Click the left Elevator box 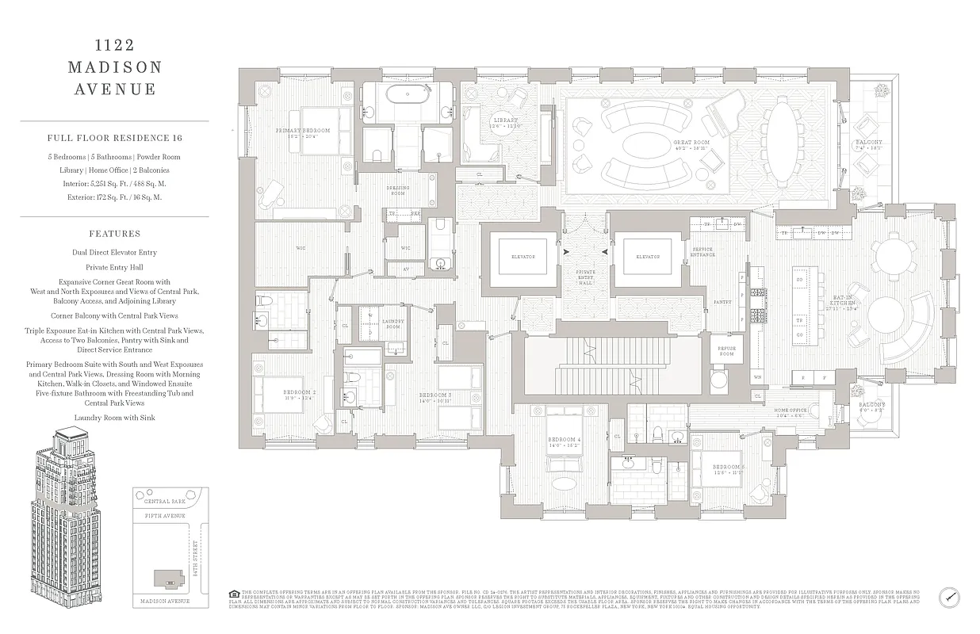click(523, 257)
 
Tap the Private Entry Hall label click(585, 277)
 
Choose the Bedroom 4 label click(564, 442)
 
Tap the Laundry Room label click(392, 324)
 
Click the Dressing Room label click(398, 191)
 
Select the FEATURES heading click(115, 234)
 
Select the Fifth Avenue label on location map click(165, 516)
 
